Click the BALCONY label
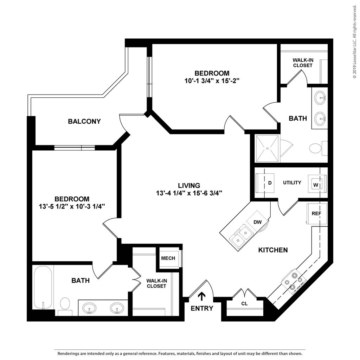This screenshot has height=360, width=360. pos(84,121)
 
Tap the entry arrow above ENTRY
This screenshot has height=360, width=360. pos(202,296)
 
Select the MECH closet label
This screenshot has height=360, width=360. pos(168,258)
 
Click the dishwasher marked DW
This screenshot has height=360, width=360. pos(257,222)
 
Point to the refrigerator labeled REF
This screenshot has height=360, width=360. pos(316,213)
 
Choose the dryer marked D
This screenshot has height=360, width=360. pos(265,183)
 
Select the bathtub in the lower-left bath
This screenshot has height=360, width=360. pos(43,288)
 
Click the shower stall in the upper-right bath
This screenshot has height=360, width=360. pos(267,148)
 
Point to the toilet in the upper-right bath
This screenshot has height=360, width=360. pos(318,148)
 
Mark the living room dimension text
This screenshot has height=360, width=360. pos(189,193)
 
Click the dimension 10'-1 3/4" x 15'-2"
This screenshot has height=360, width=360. pos(212,81)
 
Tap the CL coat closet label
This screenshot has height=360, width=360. pos(245,303)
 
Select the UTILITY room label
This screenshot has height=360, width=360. pos(292,182)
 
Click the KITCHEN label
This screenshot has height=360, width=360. pos(273,250)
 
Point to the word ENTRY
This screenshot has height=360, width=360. pos(202,308)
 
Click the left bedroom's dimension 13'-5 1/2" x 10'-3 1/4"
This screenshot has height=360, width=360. pos(72,207)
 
